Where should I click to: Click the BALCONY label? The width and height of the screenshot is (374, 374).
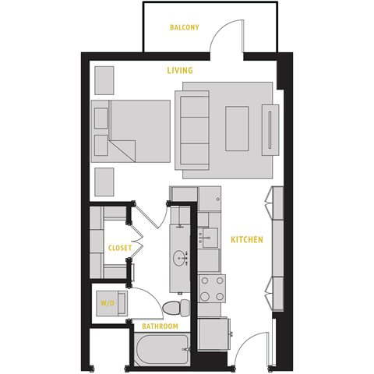185,27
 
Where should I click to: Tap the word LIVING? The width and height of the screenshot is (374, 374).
180,71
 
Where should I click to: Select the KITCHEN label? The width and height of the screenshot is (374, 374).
246,239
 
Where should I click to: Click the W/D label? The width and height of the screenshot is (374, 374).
107,302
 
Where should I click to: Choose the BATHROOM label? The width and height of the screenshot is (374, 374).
160,326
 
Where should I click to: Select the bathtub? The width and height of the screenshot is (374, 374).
161,350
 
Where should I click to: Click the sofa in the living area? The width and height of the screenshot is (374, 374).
192,129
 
